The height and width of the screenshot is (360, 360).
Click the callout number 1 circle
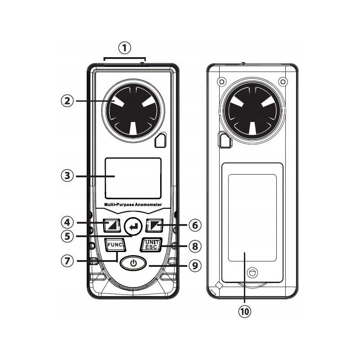click(x=125, y=47)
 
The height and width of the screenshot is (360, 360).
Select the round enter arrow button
click(x=132, y=224)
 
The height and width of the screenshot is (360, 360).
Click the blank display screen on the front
click(x=133, y=178)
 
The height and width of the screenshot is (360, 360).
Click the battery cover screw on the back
click(x=252, y=272)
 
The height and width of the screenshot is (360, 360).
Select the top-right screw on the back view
click(x=282, y=82)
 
